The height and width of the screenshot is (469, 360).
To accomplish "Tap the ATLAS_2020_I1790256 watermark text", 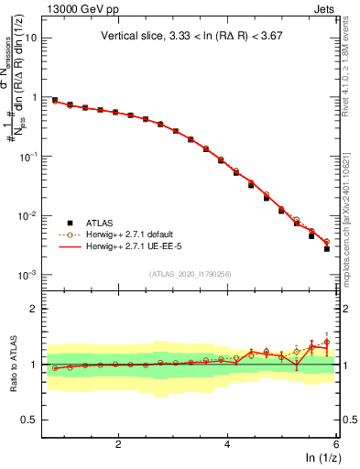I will pos(189,274).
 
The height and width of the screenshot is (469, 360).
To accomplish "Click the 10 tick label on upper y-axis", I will pos(32,38).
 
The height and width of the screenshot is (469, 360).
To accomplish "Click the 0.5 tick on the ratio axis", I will pos(30,420).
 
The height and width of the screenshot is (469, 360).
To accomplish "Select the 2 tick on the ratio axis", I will pos(35,309).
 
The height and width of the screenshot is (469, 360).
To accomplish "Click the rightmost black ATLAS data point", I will pos(327,249).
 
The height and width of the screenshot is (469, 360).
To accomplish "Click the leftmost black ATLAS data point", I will pos(55,100).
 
